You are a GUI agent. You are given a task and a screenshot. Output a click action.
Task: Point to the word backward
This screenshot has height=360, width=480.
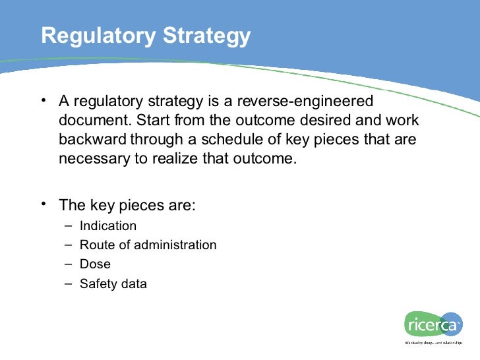point(93,140)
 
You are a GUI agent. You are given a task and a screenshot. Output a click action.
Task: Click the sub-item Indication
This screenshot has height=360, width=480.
point(108,226)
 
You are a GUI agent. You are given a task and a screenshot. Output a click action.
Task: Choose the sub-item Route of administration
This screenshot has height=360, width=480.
point(148,245)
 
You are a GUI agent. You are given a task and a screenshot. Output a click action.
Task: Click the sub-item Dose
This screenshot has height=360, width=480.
point(95,264)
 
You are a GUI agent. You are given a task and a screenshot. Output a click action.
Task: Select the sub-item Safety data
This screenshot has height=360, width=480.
point(113,284)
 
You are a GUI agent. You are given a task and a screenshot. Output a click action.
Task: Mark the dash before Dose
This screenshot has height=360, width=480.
point(68,264)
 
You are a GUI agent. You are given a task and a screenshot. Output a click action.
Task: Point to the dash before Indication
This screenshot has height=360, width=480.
point(68,226)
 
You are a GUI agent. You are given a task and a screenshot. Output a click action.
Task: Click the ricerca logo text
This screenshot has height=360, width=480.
point(432,324)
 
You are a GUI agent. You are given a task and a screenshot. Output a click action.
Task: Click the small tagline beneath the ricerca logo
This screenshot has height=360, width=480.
point(435,344)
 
